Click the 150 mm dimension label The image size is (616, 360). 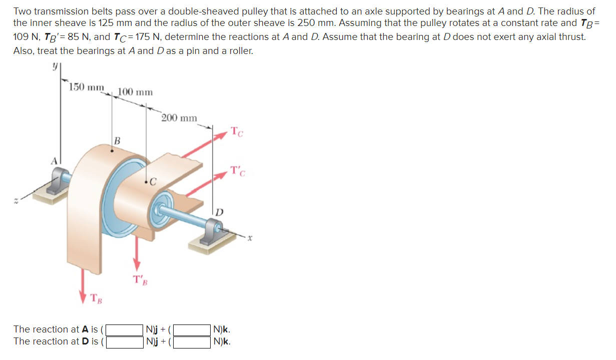86,87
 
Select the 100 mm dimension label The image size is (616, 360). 135,92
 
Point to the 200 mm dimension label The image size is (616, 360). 179,118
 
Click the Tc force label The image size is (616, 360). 238,132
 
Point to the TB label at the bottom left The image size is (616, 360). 96,298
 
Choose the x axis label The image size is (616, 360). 249,239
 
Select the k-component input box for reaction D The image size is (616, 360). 192,342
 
